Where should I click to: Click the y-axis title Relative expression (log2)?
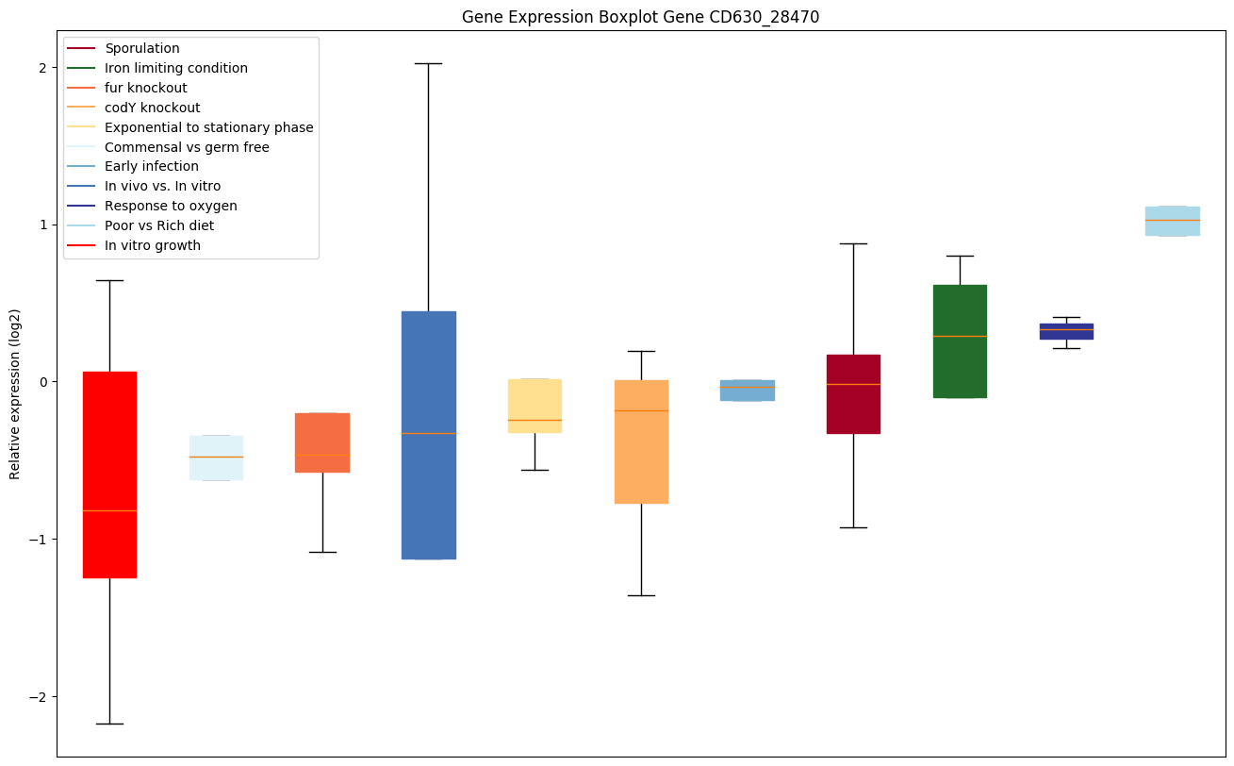(15, 393)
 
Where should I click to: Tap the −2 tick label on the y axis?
(40, 696)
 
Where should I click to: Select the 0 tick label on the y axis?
(43, 382)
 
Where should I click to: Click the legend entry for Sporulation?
(142, 48)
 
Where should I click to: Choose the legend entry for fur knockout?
(146, 88)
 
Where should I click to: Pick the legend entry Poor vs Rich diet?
(159, 225)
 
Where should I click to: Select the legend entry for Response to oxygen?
(171, 206)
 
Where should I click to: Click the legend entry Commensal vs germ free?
(187, 147)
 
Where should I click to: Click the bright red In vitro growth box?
(109, 475)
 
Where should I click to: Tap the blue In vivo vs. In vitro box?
(429, 435)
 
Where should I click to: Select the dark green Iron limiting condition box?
(960, 341)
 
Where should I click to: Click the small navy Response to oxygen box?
(1066, 331)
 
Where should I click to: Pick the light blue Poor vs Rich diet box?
(1173, 221)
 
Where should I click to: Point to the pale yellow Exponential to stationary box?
(535, 406)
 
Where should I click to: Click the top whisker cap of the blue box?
(429, 63)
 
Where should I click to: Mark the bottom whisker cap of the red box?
(109, 724)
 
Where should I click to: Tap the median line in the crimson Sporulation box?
(853, 384)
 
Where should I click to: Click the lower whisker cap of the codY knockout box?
(641, 595)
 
